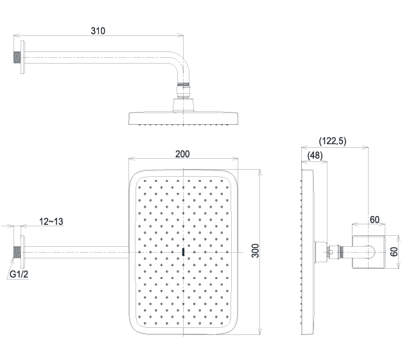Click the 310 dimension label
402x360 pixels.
pos(98,31)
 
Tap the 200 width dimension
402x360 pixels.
pos(182,154)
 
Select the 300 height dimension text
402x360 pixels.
pos(255,251)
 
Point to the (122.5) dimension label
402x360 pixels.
pos(333,141)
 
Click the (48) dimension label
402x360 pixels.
pos(315,155)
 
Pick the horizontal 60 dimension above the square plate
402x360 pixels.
pos(374,220)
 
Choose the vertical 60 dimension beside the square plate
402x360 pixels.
pos(394,251)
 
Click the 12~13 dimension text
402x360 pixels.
pos(51,221)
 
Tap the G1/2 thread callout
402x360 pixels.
pos(19,274)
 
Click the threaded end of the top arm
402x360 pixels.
pos(17,57)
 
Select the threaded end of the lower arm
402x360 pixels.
pos(17,252)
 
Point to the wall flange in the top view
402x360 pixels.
pos(22,57)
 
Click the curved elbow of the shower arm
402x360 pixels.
pos(182,66)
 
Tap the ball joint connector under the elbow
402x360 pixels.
pos(183,91)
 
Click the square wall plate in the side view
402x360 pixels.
pos(369,252)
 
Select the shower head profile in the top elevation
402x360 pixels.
pos(184,118)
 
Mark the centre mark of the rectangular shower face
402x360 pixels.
pos(183,252)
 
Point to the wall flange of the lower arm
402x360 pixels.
pos(22,252)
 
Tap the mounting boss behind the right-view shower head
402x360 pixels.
pos(321,252)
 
